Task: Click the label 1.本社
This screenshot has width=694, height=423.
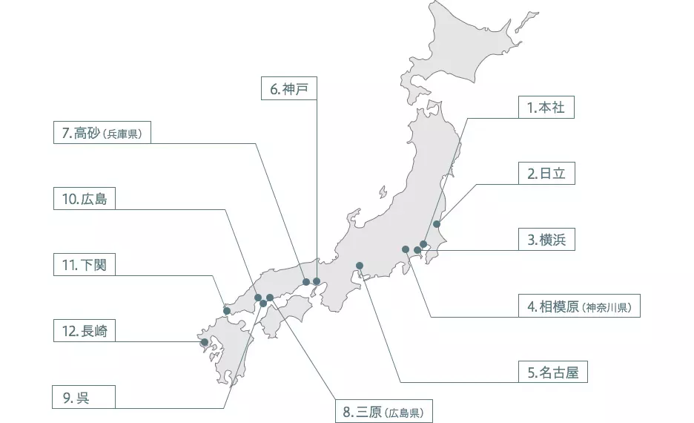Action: tap(546, 108)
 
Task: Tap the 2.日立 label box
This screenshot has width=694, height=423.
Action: tap(546, 174)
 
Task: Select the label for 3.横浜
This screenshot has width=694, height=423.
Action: tap(546, 240)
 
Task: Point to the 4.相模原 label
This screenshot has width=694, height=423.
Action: tap(579, 306)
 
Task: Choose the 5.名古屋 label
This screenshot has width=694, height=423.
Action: tap(552, 372)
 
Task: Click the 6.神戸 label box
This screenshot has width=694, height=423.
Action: tap(289, 89)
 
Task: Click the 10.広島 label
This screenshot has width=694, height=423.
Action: tap(85, 199)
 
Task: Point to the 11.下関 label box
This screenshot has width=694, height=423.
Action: tap(85, 265)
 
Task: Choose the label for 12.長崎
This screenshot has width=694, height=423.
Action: tap(85, 332)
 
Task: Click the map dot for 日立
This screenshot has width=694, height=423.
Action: tap(437, 223)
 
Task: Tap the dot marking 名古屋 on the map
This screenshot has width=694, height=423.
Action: tap(360, 265)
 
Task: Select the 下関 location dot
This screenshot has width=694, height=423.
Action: tap(226, 310)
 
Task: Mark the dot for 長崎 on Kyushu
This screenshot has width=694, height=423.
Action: tap(205, 342)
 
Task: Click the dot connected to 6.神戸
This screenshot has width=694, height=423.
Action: tap(317, 281)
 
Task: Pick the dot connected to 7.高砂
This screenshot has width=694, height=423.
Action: tap(305, 282)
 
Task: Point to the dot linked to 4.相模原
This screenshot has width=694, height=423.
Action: tap(406, 249)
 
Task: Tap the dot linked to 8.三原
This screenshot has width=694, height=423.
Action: tap(270, 298)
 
